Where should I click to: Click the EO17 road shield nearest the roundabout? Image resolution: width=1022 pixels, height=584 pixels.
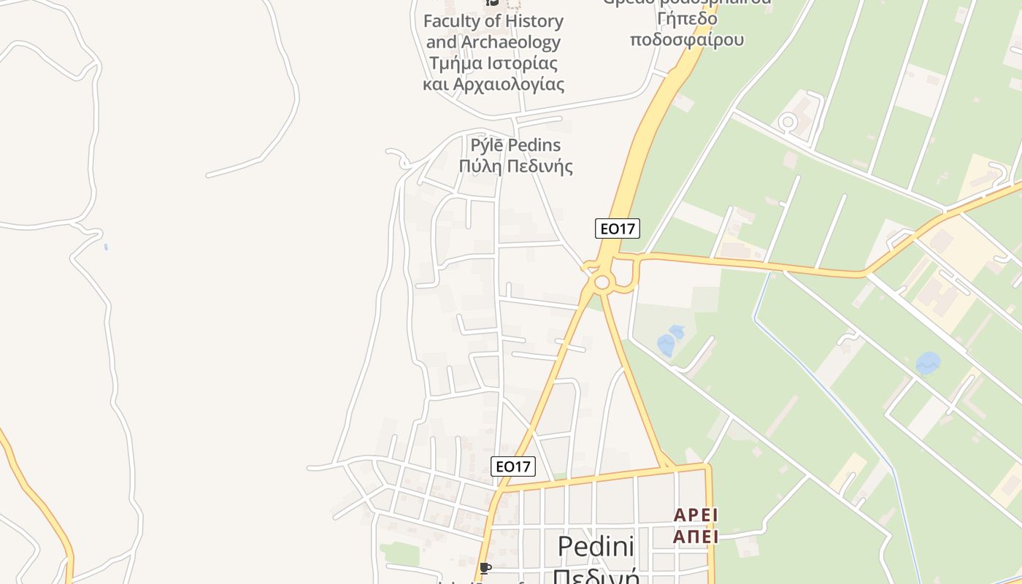[x=617, y=228]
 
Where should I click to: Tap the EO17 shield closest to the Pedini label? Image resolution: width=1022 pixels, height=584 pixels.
[x=514, y=466]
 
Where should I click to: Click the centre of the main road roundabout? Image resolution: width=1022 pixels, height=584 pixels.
[x=602, y=282]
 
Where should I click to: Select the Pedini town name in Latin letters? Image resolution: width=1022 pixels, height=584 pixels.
[x=596, y=547]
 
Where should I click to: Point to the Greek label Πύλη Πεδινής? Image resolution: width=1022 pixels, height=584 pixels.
[x=515, y=166]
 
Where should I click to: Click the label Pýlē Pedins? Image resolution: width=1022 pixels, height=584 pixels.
[x=510, y=145]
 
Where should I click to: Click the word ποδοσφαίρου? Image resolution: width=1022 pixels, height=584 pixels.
[x=687, y=39]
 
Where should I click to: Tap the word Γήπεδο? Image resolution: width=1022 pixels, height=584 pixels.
[x=687, y=18]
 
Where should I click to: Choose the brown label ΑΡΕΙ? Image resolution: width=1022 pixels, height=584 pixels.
[x=696, y=515]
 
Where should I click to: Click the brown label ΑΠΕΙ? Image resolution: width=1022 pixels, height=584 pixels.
[x=696, y=537]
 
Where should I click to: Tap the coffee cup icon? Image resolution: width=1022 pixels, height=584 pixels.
[x=485, y=568]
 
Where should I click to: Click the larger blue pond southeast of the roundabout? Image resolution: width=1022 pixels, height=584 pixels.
[x=666, y=345]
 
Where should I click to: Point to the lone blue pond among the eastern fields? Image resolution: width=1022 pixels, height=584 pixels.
[x=928, y=363]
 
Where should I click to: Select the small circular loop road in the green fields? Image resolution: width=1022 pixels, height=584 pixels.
[x=787, y=122]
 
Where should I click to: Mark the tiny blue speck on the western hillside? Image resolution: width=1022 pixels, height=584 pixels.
[x=106, y=247]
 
